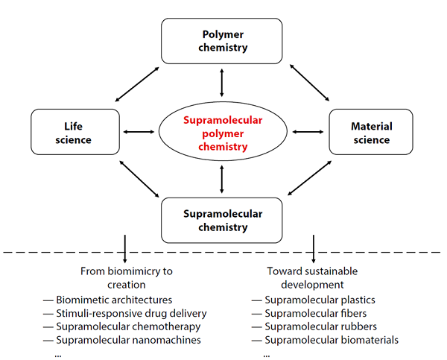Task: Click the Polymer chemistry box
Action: coord(221,41)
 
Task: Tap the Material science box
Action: coord(370,133)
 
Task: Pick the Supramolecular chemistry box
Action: coord(221,221)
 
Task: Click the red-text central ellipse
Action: coord(222,133)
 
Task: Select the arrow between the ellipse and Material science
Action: coord(306,133)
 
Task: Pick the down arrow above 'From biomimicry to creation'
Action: coord(124,248)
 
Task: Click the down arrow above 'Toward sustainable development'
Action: coord(314,248)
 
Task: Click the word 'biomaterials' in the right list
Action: coord(367,340)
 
